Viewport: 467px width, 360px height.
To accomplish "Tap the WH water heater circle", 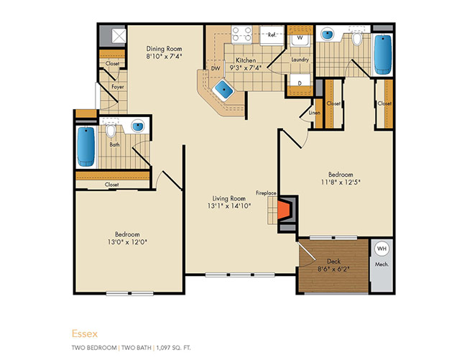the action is coord(382,249).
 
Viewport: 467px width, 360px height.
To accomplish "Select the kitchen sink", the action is coord(224,88).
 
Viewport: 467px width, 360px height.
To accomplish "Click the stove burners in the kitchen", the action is coord(242,34).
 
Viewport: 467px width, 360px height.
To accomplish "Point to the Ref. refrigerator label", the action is coord(272,34).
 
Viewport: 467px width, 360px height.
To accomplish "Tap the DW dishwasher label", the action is coord(216,68).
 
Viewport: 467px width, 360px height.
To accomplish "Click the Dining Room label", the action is coord(164,49).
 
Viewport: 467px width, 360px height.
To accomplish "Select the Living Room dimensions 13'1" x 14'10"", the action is coord(229,206).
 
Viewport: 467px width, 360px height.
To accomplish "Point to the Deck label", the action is coord(333,261).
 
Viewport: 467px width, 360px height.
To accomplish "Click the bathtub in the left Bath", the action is coord(86,147).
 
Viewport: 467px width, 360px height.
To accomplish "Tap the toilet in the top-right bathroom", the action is coord(356,38).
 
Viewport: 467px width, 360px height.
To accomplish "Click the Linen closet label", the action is coord(314,113).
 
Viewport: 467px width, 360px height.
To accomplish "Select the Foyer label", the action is coord(118,87).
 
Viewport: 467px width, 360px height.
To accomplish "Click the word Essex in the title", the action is coord(85,333).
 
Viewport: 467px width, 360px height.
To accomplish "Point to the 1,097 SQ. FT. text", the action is coord(173,348).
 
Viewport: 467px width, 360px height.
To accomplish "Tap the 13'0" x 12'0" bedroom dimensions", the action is coord(127,241).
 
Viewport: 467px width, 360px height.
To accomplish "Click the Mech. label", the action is coord(382,264).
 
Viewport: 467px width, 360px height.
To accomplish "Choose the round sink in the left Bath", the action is coord(138,126).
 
